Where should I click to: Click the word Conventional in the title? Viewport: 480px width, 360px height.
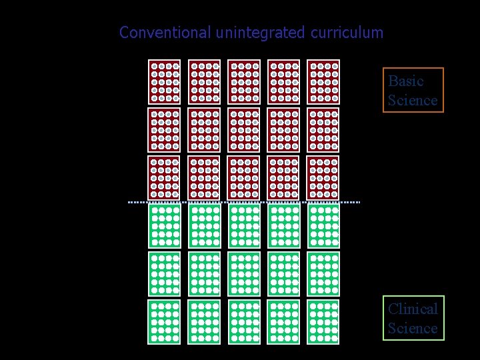pyautogui.click(x=165, y=32)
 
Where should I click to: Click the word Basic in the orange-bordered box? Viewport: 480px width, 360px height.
pyautogui.click(x=406, y=81)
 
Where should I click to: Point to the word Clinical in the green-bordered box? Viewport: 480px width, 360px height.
pyautogui.click(x=413, y=309)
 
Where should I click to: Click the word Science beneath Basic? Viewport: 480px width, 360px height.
pyautogui.click(x=413, y=101)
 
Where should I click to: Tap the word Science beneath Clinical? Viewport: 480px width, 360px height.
pyautogui.click(x=413, y=328)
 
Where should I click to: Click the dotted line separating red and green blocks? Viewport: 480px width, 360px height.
pyautogui.click(x=244, y=201)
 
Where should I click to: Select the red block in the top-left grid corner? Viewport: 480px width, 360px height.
pyautogui.click(x=164, y=82)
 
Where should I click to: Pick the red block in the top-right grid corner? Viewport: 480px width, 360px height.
pyautogui.click(x=323, y=82)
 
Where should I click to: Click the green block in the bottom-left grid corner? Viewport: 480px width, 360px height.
pyautogui.click(x=164, y=321)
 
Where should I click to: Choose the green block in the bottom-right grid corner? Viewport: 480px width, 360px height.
pyautogui.click(x=323, y=321)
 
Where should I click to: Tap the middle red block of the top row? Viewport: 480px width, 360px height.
pyautogui.click(x=244, y=82)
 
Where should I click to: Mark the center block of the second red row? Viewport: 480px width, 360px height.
pyautogui.click(x=244, y=130)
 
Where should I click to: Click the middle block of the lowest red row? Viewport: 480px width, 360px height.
pyautogui.click(x=244, y=178)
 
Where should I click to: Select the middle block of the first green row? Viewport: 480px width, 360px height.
pyautogui.click(x=244, y=226)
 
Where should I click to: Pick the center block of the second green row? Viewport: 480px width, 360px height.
pyautogui.click(x=244, y=273)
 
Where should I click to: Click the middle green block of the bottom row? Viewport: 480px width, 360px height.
pyautogui.click(x=244, y=321)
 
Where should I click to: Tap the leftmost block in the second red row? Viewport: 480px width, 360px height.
pyautogui.click(x=164, y=130)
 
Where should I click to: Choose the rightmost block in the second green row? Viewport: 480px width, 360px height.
pyautogui.click(x=323, y=273)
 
